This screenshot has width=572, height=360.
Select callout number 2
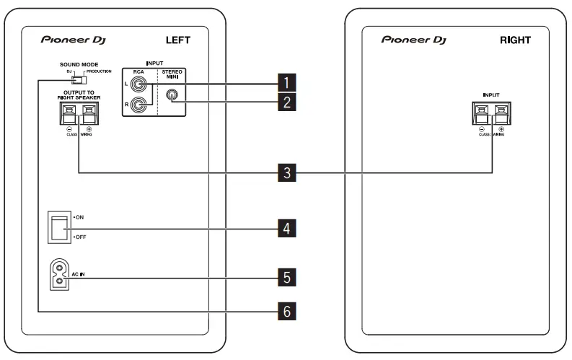click(287, 102)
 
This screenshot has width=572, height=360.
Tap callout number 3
click(287, 172)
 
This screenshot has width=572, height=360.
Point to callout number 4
click(287, 229)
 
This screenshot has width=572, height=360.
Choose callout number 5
click(287, 276)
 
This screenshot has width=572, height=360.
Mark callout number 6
click(287, 312)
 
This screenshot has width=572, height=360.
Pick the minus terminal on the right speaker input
click(481, 113)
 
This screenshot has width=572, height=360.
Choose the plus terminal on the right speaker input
click(501, 113)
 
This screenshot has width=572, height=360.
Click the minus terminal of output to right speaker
click(69, 113)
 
